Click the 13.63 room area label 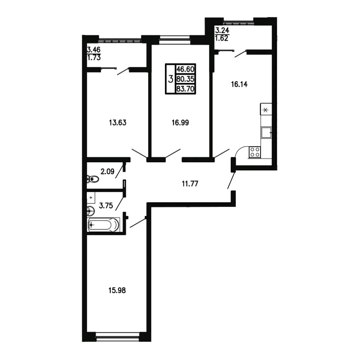[x=118, y=123]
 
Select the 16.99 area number [x=180, y=123]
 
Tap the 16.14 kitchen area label [x=239, y=85]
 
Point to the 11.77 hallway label [x=190, y=184]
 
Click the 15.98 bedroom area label [x=117, y=290]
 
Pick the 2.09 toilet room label [x=107, y=171]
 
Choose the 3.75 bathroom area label [x=106, y=205]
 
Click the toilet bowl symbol [x=93, y=179]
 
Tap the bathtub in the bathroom [x=103, y=224]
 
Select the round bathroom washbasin [x=90, y=211]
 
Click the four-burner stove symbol [x=254, y=152]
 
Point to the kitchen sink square [x=267, y=133]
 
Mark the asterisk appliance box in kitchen [x=266, y=109]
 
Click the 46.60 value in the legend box [x=185, y=69]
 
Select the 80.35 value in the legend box [x=185, y=79]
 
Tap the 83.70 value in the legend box [x=185, y=88]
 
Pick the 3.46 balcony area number [x=94, y=50]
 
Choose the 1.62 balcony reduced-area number [x=222, y=38]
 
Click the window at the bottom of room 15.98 [x=118, y=337]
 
